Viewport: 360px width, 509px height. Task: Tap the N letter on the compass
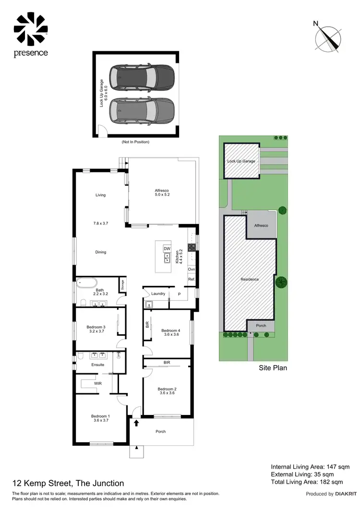(316, 23)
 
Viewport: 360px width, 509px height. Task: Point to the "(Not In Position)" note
(135, 142)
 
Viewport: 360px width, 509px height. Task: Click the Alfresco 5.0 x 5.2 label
(162, 192)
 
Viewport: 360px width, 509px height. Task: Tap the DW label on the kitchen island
(167, 249)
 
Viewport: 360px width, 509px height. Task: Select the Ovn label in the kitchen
(191, 270)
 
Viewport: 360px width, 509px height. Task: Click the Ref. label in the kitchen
(191, 279)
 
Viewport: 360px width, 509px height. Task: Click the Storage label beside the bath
(122, 284)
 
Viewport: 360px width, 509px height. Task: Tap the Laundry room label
(158, 294)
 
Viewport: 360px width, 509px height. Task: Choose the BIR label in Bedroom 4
(147, 325)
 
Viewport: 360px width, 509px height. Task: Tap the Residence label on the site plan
(250, 279)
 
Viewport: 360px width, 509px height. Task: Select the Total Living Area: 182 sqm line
(307, 482)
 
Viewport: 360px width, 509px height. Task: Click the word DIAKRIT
(345, 494)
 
